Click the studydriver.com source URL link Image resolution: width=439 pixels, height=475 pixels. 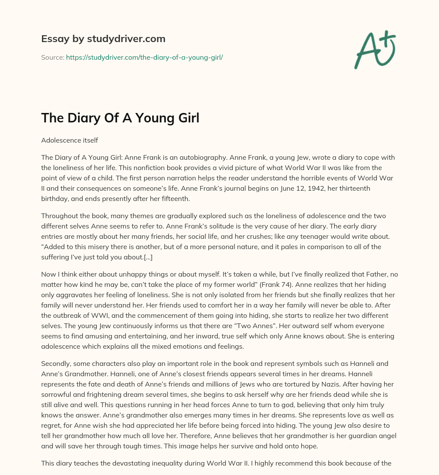pos(144,57)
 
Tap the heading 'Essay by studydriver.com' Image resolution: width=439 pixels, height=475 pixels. pos(103,39)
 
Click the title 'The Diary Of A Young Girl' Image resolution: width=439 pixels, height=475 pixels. pos(120,118)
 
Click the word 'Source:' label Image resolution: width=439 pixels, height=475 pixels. pos(52,57)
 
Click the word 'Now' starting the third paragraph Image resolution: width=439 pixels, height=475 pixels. pos(48,274)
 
